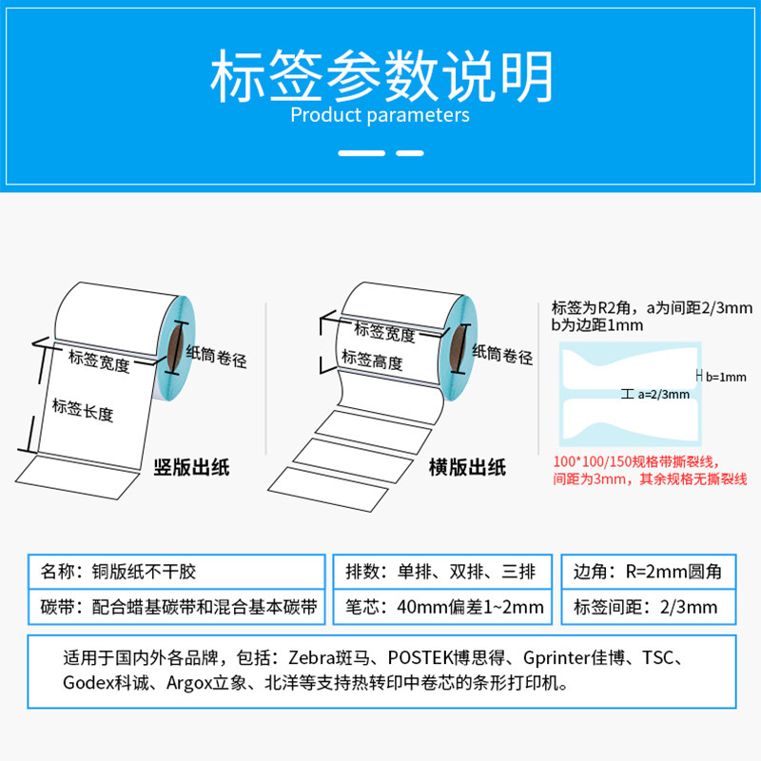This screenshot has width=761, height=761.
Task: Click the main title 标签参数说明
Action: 380,76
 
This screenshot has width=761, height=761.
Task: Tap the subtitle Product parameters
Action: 380,116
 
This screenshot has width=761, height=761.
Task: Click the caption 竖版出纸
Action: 191,467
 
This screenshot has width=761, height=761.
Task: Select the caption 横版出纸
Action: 467,467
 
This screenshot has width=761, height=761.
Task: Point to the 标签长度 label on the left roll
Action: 83,410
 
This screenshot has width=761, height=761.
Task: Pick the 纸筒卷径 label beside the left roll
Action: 216,360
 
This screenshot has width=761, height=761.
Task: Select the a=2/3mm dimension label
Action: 663,394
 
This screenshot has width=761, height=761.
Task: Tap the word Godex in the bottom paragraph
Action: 85,683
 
